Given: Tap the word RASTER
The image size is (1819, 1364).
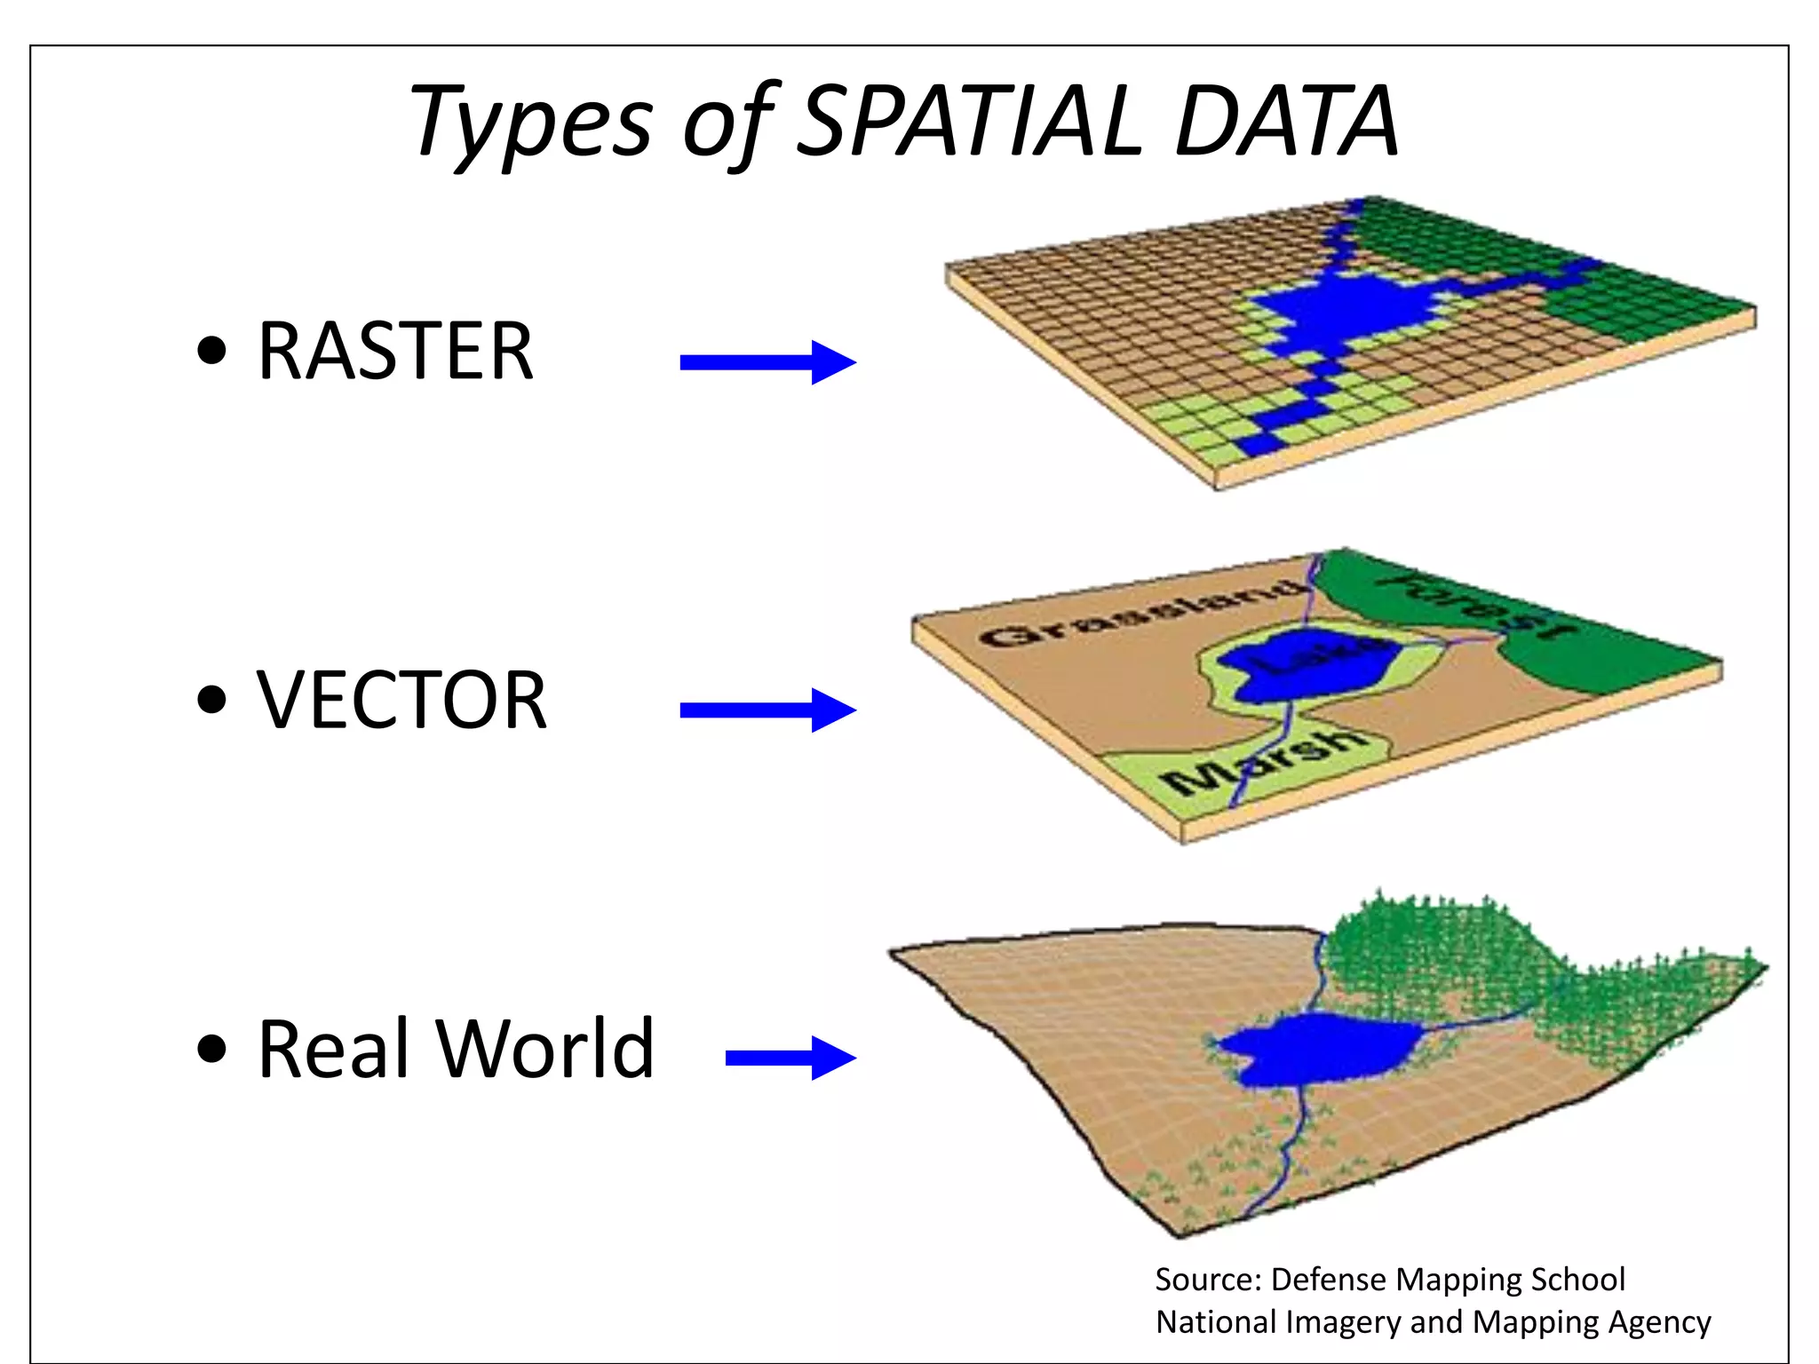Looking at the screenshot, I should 395,352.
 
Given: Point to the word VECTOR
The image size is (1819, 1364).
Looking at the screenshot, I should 401,701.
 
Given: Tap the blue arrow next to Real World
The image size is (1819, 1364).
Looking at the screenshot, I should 790,1057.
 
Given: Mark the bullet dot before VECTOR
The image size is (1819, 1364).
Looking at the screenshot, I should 212,700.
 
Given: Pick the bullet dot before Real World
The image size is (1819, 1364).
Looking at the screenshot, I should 212,1048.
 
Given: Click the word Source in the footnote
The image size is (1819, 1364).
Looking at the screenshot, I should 1208,1280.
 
